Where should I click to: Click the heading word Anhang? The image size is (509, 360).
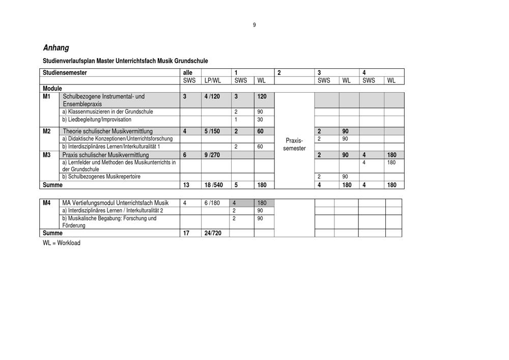56,48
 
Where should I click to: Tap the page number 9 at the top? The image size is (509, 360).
254,25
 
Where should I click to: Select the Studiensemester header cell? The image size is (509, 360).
65,73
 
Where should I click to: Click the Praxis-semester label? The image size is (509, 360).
295,144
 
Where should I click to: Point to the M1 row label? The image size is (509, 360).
46,96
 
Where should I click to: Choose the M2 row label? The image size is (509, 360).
46,131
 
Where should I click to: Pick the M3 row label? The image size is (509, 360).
46,155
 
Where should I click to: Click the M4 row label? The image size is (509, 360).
46,203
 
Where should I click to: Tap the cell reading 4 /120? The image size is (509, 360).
212,96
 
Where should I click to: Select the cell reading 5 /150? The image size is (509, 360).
212,131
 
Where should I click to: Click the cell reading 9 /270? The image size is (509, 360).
212,155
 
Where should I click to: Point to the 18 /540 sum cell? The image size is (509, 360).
213,185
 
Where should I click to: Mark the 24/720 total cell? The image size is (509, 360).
212,233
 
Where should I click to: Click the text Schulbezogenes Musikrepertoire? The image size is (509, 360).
101,177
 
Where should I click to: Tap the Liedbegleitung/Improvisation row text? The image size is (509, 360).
97,120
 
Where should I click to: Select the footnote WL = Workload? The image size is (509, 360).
62,243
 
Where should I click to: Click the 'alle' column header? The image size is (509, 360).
188,73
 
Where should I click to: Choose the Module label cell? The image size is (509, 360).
52,88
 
